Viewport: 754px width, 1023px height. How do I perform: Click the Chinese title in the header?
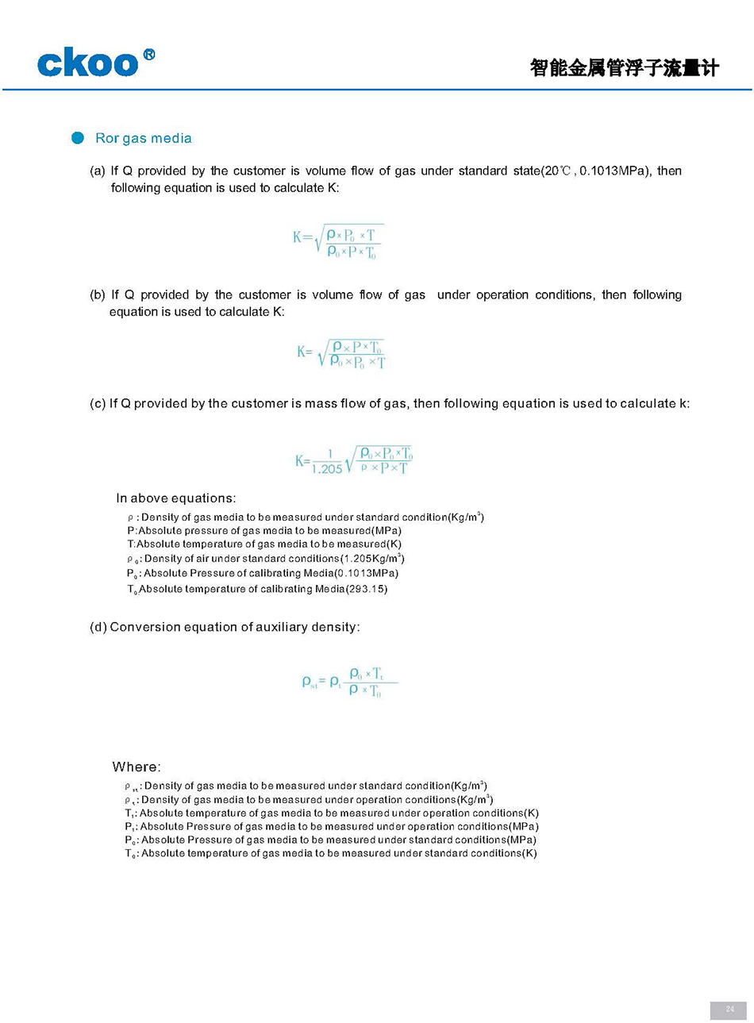pos(624,68)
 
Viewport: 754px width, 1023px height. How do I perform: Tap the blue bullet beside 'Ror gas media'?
pos(78,138)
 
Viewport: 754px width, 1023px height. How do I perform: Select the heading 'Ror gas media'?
pos(143,138)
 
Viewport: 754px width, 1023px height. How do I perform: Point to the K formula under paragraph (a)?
pos(338,241)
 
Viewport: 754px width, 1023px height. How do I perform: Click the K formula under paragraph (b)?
pos(341,354)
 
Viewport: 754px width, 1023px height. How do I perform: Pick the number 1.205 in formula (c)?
pos(327,469)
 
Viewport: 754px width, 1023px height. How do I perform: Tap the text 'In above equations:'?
pos(175,498)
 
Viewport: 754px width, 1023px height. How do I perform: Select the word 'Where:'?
pos(137,767)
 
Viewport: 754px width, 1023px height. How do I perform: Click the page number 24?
pos(729,1010)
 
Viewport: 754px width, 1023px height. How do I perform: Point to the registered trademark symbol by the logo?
pos(148,55)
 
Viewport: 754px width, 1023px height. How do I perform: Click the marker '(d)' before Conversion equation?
pos(98,627)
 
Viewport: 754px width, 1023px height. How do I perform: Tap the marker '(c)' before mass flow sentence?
pos(98,403)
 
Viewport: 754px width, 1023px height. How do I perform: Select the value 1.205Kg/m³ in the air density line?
pos(372,559)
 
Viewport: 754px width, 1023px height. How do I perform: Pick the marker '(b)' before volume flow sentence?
pos(98,294)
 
